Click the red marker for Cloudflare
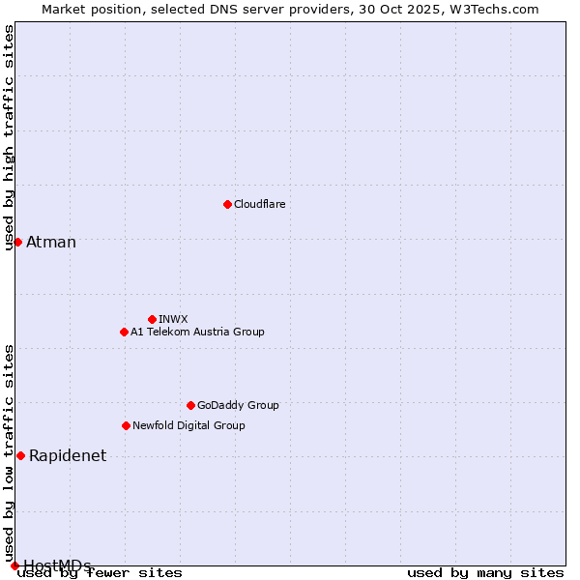(x=227, y=204)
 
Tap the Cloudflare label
(x=260, y=204)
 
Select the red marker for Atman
(x=17, y=242)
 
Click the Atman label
(x=51, y=243)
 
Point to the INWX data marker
(x=152, y=319)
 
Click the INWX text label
(x=173, y=319)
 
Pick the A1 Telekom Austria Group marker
(x=124, y=332)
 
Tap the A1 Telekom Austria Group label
(x=197, y=332)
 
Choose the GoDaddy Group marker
(x=190, y=405)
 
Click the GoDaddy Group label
(x=238, y=405)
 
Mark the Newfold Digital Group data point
(x=126, y=425)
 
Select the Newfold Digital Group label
(x=188, y=425)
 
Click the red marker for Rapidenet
(x=20, y=455)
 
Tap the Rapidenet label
(x=68, y=456)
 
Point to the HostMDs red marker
(x=14, y=565)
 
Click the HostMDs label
(x=57, y=565)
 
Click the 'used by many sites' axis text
(x=485, y=573)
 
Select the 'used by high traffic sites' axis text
(x=10, y=137)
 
